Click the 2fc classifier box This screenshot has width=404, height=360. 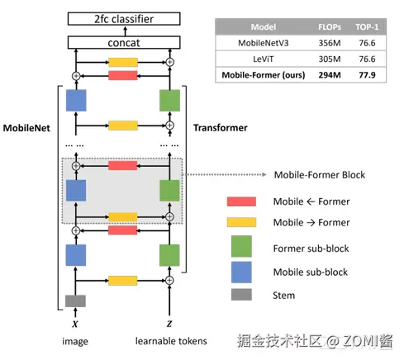(x=124, y=19)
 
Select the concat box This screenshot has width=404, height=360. (x=124, y=43)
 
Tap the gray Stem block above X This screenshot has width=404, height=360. (x=75, y=301)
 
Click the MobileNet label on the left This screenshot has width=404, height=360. (x=26, y=128)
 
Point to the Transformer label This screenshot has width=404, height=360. (x=221, y=128)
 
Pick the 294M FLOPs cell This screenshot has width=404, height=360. (x=330, y=75)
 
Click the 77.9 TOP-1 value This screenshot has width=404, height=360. (x=367, y=75)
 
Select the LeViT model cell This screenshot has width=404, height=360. (x=264, y=59)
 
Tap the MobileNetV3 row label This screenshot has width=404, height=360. (x=264, y=43)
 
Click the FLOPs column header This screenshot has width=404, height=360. (x=330, y=27)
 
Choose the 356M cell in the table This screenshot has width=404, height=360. (x=330, y=43)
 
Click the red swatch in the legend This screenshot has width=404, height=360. (x=241, y=201)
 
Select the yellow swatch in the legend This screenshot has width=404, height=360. (x=241, y=222)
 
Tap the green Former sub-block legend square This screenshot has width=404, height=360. (x=241, y=246)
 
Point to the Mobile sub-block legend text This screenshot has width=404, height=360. (x=311, y=272)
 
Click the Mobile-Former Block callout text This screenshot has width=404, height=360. (x=320, y=175)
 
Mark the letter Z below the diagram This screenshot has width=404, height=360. (x=169, y=324)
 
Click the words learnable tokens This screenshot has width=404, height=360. (x=171, y=341)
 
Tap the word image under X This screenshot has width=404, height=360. (x=75, y=342)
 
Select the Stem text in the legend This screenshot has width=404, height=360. (x=283, y=296)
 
